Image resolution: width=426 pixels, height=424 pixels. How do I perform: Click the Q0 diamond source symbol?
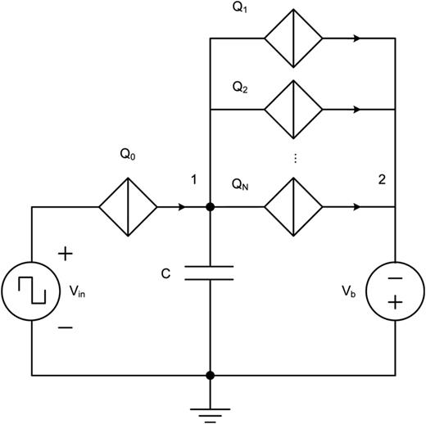(129, 207)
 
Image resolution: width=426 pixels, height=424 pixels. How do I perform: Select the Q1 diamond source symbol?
(292, 38)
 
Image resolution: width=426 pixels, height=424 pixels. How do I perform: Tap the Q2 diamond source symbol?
(292, 109)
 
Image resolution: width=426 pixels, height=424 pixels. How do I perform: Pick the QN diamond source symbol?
(292, 207)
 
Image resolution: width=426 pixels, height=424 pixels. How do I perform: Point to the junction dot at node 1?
(211, 207)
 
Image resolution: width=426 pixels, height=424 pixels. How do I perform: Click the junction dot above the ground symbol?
(211, 376)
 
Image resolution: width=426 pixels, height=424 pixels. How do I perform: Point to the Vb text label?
(350, 292)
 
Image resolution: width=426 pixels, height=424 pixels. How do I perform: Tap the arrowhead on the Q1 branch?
(354, 38)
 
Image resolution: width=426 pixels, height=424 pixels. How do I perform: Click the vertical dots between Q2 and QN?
(292, 157)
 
